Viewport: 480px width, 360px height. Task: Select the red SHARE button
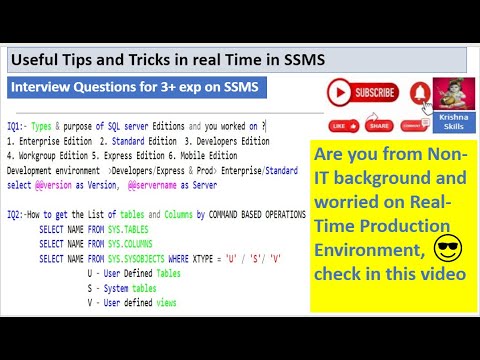(x=378, y=127)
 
